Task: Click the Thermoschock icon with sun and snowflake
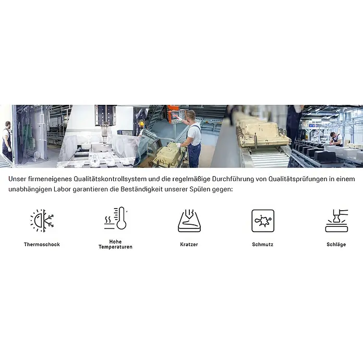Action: click(x=42, y=221)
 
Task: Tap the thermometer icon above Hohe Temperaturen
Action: click(x=115, y=218)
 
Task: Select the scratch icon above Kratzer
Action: click(x=189, y=221)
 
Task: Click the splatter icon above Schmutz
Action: click(x=263, y=221)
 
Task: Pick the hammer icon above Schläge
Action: click(x=336, y=221)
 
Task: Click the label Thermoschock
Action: click(x=42, y=245)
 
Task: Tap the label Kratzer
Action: click(x=189, y=245)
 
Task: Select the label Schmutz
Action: click(x=262, y=245)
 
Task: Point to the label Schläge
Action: click(x=336, y=245)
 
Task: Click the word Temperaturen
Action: click(x=115, y=247)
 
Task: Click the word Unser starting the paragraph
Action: click(x=17, y=179)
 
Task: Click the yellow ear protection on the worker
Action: click(x=141, y=124)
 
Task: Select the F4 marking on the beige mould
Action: click(x=261, y=130)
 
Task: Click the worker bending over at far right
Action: click(x=336, y=139)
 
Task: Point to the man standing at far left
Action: click(x=7, y=140)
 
